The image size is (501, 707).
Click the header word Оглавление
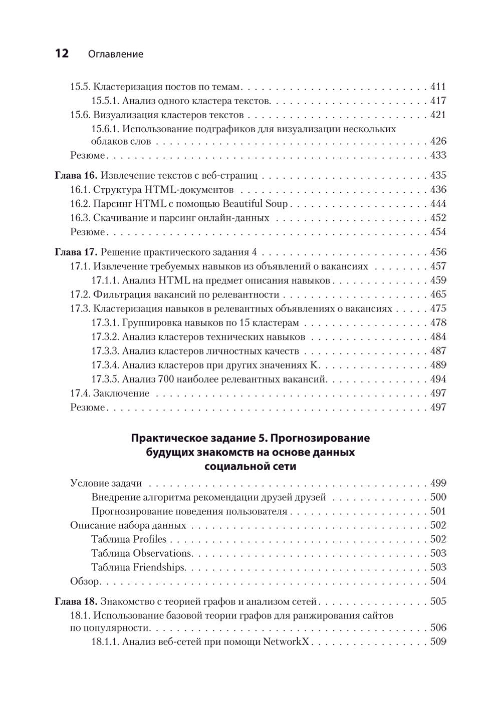point(115,54)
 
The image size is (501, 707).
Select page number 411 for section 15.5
point(438,86)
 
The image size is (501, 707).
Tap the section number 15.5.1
point(105,101)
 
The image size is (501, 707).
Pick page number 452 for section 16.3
point(438,218)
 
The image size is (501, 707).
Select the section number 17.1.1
point(105,280)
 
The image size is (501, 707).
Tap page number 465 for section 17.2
point(438,294)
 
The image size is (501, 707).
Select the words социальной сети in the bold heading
point(250,467)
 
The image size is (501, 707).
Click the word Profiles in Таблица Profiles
point(149,539)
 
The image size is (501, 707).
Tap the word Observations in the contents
point(162,553)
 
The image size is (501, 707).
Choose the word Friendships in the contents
point(159,567)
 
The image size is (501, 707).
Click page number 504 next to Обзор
point(438,581)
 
